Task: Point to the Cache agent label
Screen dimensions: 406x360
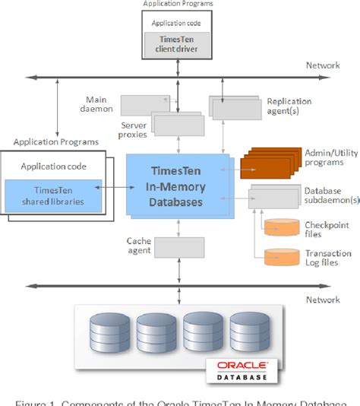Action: pyautogui.click(x=139, y=245)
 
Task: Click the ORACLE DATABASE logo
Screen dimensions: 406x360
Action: pyautogui.click(x=242, y=371)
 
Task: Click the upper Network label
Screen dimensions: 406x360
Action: pyautogui.click(x=324, y=65)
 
